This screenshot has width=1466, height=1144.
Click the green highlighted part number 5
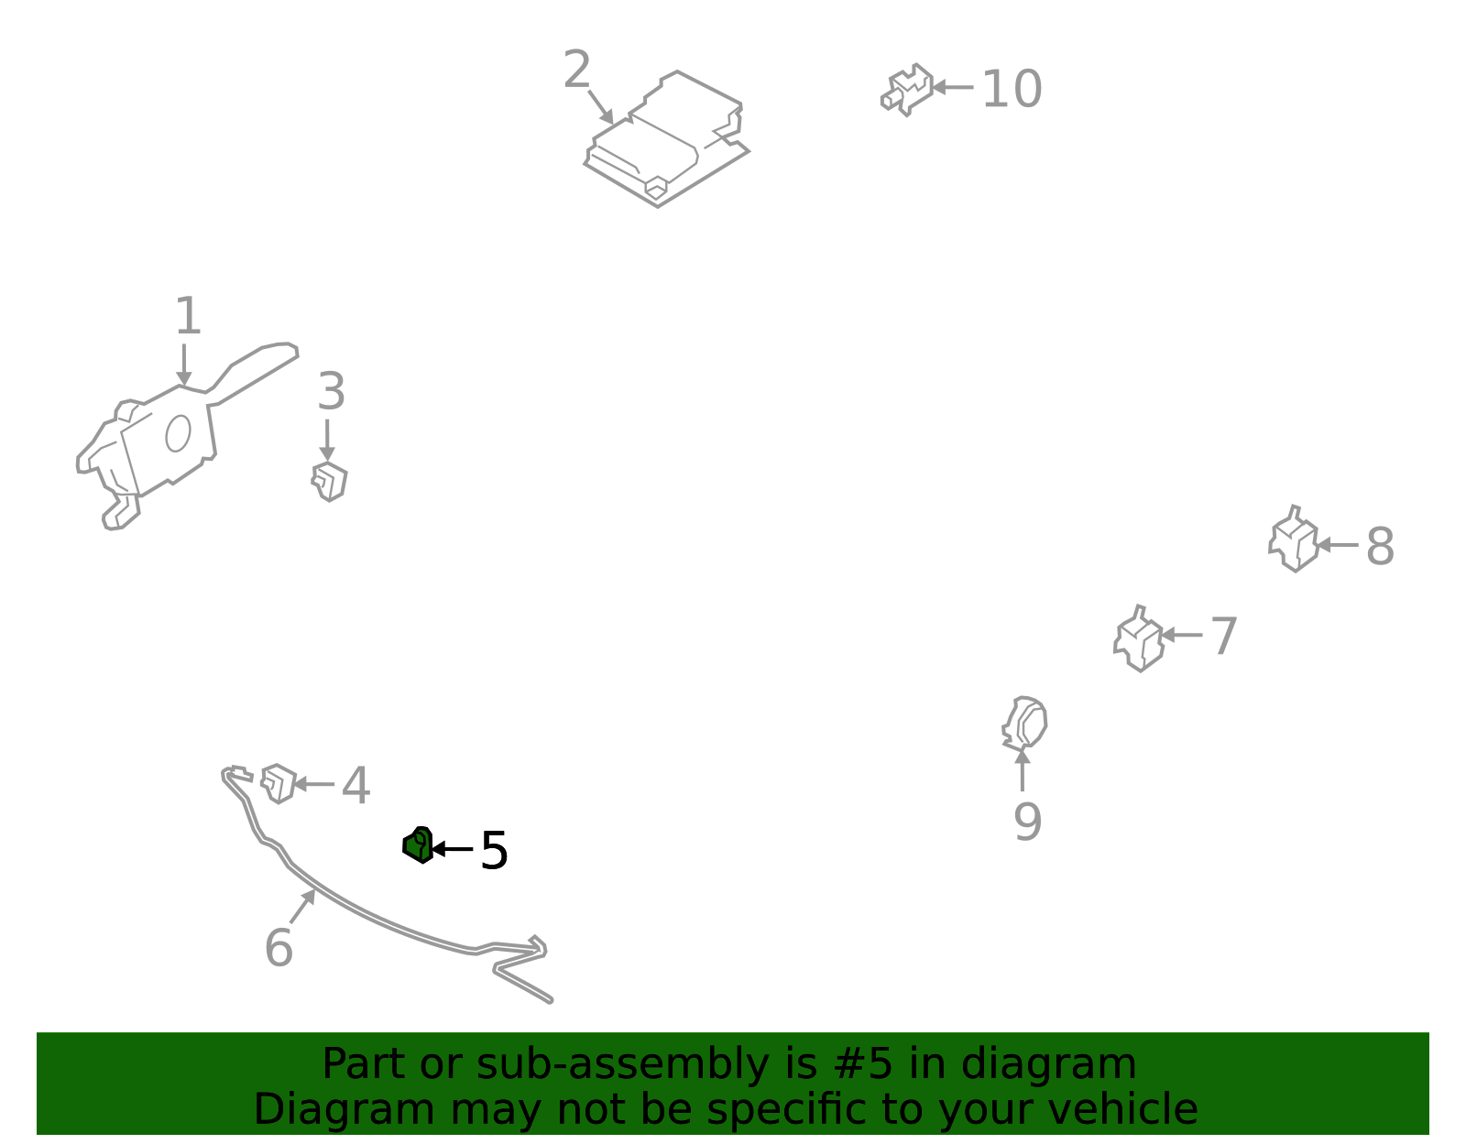pos(418,845)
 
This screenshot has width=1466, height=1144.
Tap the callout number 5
pos(494,851)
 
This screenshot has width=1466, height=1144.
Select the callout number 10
pos(1012,88)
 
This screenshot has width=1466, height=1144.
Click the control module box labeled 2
pos(666,139)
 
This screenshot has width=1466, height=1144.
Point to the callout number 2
pos(577,69)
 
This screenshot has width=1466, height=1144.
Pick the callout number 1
pos(188,315)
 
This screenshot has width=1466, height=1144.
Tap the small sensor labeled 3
pos(329,482)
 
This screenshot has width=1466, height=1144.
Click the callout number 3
pos(332,391)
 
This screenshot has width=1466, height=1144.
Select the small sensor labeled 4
pos(279,784)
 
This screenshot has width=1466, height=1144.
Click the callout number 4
pos(356,785)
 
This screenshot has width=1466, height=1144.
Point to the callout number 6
pos(279,948)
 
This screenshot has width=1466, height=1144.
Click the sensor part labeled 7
pos(1140,639)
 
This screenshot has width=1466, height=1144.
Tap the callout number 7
pos(1224,636)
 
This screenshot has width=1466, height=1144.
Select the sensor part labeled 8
pos(1294,539)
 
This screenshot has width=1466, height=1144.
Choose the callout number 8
pos(1380,546)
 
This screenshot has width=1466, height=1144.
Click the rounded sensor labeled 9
pos(1024,724)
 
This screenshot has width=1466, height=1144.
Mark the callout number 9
pos(1027,822)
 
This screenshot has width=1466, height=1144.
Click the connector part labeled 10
pos(907,90)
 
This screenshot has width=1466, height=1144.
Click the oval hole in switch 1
pos(178,433)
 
